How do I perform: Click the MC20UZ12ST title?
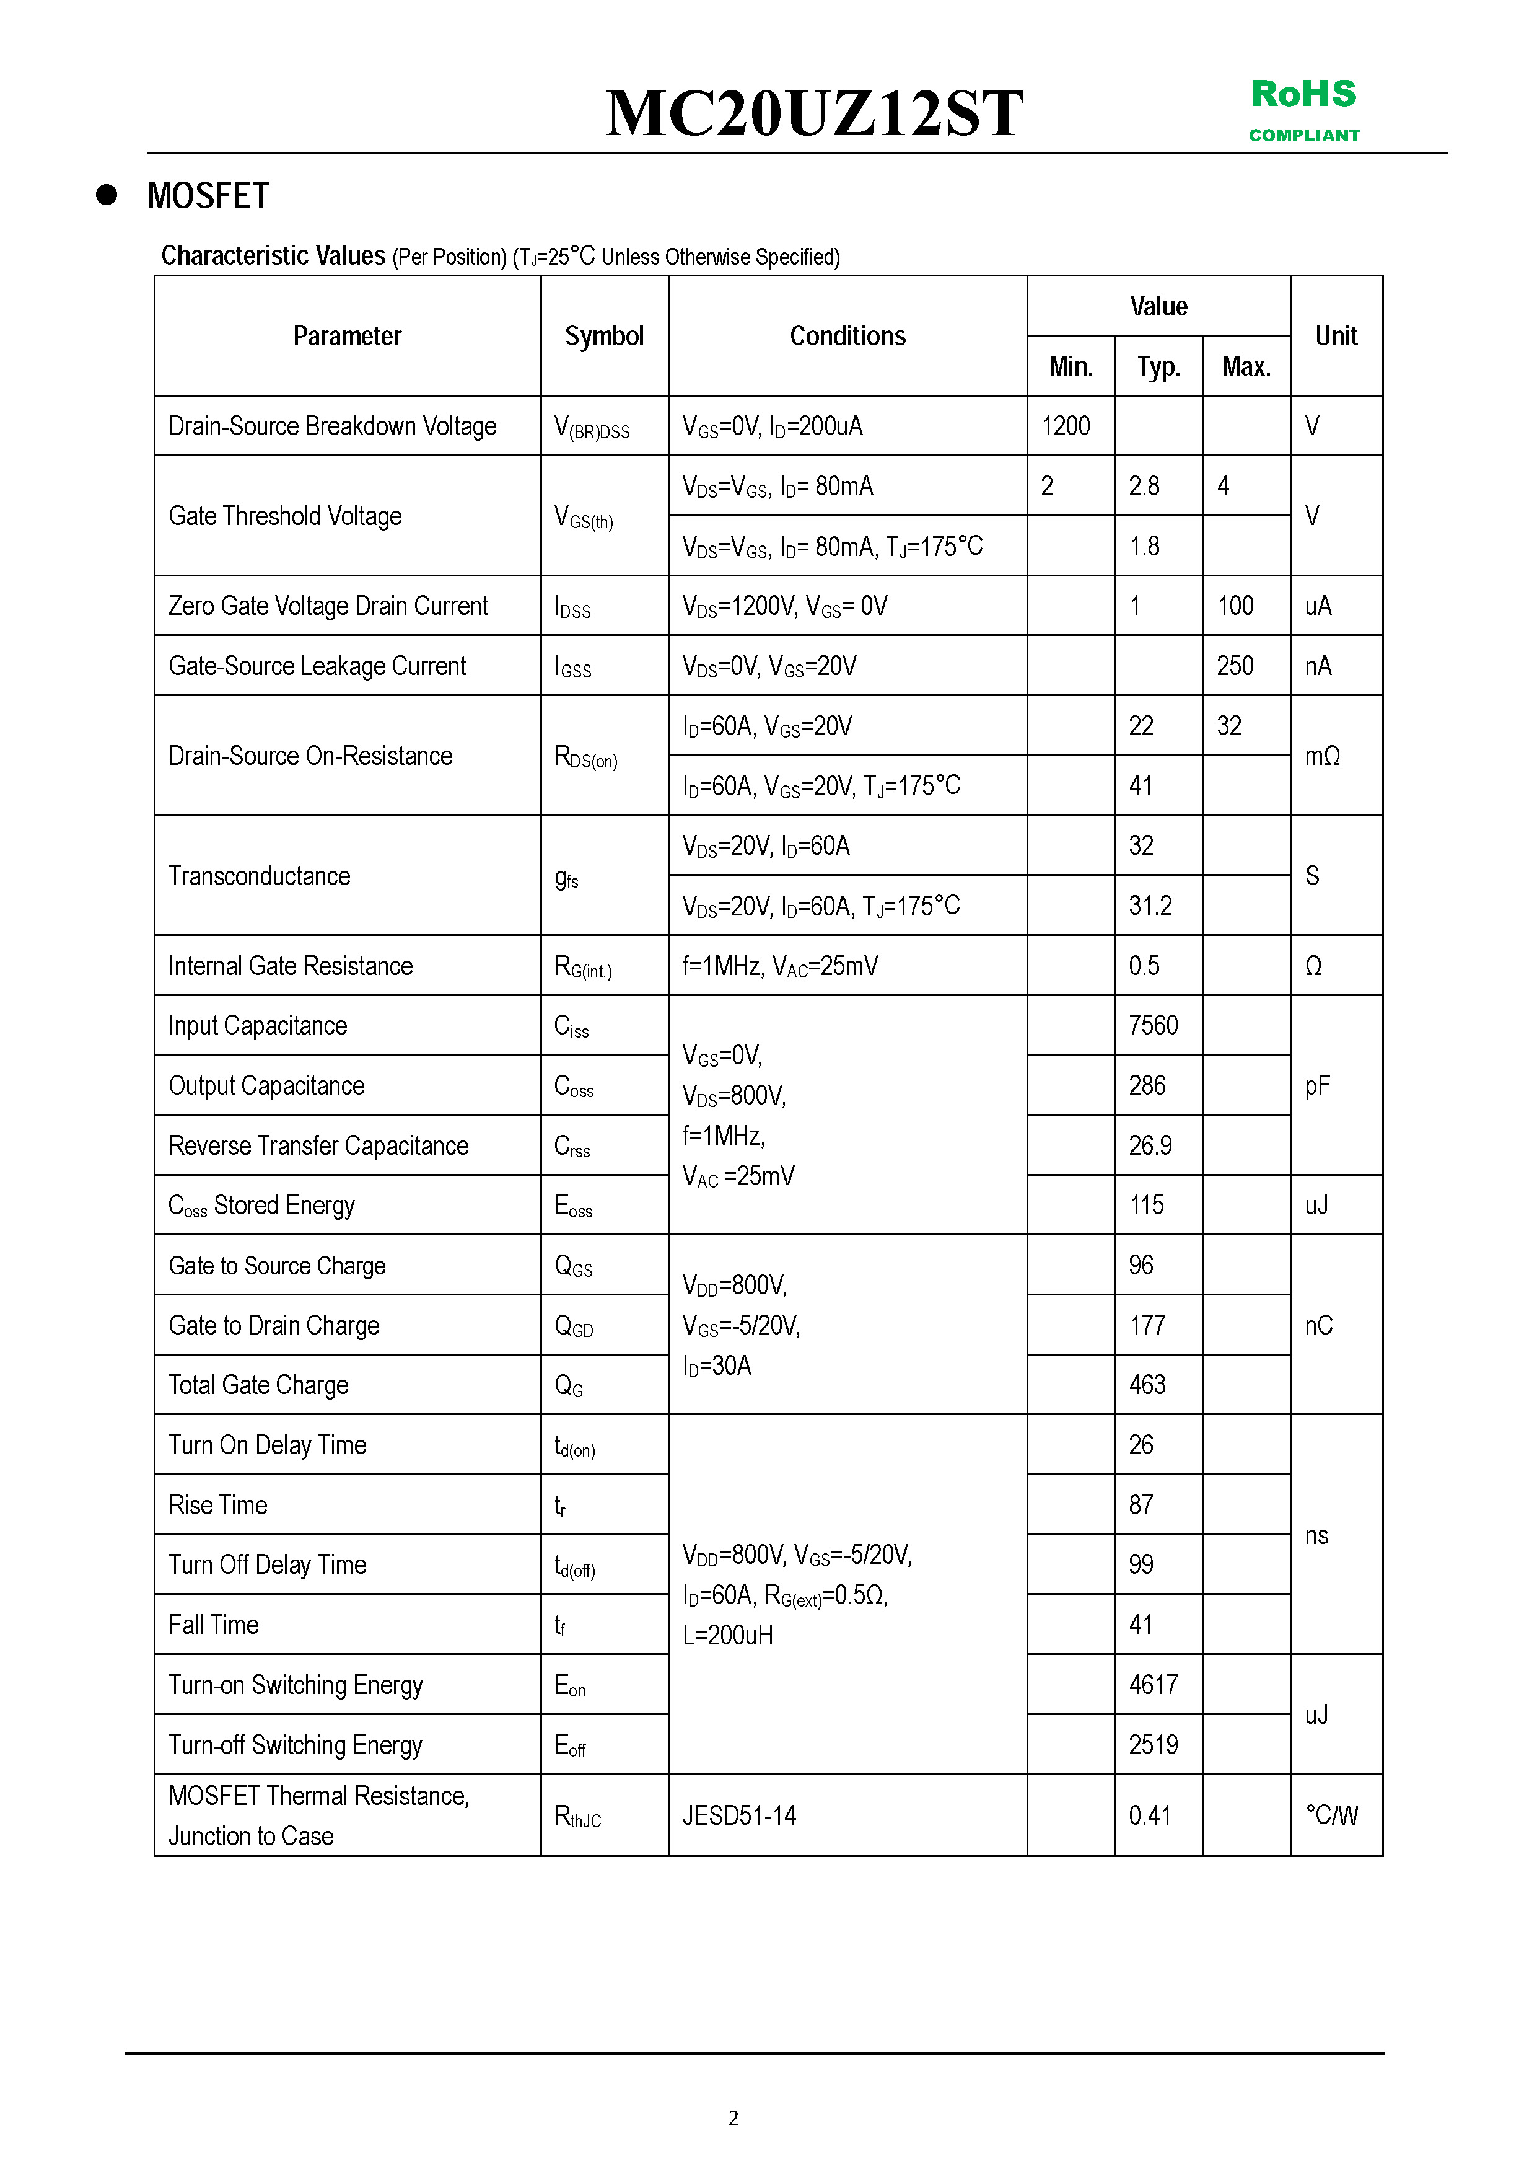pyautogui.click(x=815, y=113)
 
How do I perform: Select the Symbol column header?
pyautogui.click(x=604, y=337)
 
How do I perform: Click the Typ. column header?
pyautogui.click(x=1158, y=366)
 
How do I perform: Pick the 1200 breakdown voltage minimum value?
pyautogui.click(x=1066, y=426)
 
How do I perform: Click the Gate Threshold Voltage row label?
pyautogui.click(x=285, y=516)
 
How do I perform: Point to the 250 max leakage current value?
pyautogui.click(x=1235, y=666)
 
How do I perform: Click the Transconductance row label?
pyautogui.click(x=260, y=876)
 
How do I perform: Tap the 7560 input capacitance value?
pyautogui.click(x=1154, y=1025)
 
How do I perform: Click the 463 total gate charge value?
pyautogui.click(x=1148, y=1385)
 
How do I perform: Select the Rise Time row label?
pyautogui.click(x=218, y=1505)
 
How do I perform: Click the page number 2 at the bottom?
pyautogui.click(x=733, y=2118)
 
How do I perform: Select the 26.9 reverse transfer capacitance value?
pyautogui.click(x=1150, y=1145)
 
